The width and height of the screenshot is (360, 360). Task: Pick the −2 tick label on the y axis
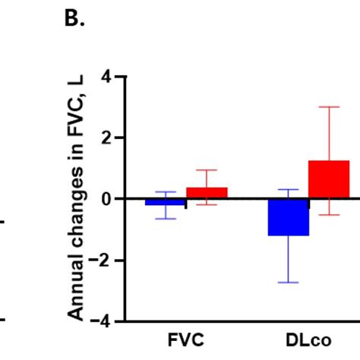click(x=103, y=261)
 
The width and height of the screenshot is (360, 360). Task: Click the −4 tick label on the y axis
click(x=103, y=321)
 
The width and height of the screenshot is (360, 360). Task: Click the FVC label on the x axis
click(x=186, y=341)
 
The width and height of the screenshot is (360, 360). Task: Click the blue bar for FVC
click(x=166, y=202)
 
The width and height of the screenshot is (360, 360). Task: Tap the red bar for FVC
click(x=207, y=193)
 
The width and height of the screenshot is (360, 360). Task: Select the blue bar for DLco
click(x=288, y=217)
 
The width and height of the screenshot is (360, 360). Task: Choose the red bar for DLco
click(x=329, y=180)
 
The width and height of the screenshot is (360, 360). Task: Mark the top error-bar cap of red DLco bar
click(x=329, y=107)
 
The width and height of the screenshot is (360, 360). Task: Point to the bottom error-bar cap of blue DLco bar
click(x=288, y=283)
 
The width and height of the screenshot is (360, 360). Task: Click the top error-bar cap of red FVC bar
click(x=207, y=170)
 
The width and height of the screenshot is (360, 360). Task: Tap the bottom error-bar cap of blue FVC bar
click(x=166, y=219)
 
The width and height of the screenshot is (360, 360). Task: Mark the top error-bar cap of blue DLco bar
click(x=288, y=189)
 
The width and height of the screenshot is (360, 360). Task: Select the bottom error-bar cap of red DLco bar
click(x=329, y=215)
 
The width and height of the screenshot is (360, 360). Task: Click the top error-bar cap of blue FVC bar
click(x=166, y=192)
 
